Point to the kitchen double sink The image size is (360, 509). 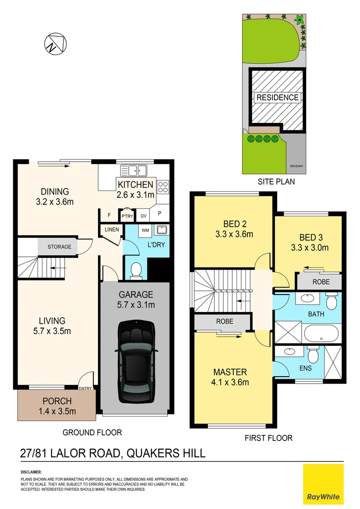(x=134, y=170)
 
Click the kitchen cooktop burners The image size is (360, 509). (x=163, y=187)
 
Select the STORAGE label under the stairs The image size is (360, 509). (x=59, y=247)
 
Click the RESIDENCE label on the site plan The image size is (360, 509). (x=278, y=98)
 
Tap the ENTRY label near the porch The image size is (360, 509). (x=86, y=388)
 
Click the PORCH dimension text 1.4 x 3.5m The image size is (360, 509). (x=57, y=411)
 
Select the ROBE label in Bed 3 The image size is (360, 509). (x=319, y=282)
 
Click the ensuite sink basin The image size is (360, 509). (x=288, y=352)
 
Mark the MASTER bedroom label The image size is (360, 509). (x=229, y=372)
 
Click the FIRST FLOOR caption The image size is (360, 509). (x=268, y=438)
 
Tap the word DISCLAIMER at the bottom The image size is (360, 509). (x=31, y=472)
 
